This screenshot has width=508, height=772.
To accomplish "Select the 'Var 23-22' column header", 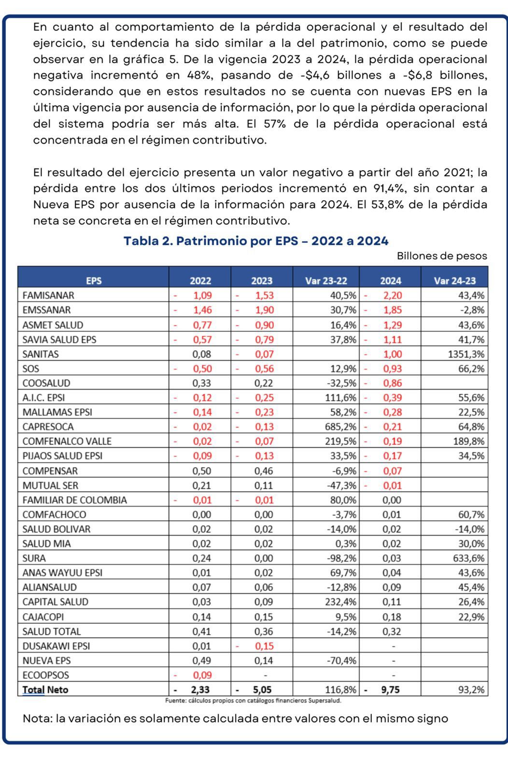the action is coord(326,281).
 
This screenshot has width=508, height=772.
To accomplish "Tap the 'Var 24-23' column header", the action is coord(454,281).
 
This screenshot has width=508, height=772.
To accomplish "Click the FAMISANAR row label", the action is coord(48,295).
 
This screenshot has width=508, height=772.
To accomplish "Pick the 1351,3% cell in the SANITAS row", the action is coord(466,354).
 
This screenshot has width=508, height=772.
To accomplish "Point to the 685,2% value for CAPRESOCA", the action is coord(340,427).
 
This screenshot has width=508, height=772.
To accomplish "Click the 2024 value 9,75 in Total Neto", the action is coord(390,689).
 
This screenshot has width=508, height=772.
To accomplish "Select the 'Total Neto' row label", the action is coord(45,689).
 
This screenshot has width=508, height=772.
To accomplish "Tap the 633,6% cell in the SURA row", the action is coord(469,558).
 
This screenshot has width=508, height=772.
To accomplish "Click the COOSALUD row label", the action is coord(46,383).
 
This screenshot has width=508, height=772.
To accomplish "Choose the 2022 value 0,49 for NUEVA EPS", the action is coord(202,661).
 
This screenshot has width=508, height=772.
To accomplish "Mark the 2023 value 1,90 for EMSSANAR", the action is coord(264,310).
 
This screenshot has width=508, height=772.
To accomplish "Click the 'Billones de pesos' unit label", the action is coord(442,256).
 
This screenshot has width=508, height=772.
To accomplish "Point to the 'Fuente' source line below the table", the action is coord(253,700).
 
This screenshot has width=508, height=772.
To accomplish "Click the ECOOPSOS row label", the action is coord(45,675).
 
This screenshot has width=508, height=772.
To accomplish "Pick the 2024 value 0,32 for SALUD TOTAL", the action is coord(392,632).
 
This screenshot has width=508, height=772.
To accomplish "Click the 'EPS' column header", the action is coord(94,281).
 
